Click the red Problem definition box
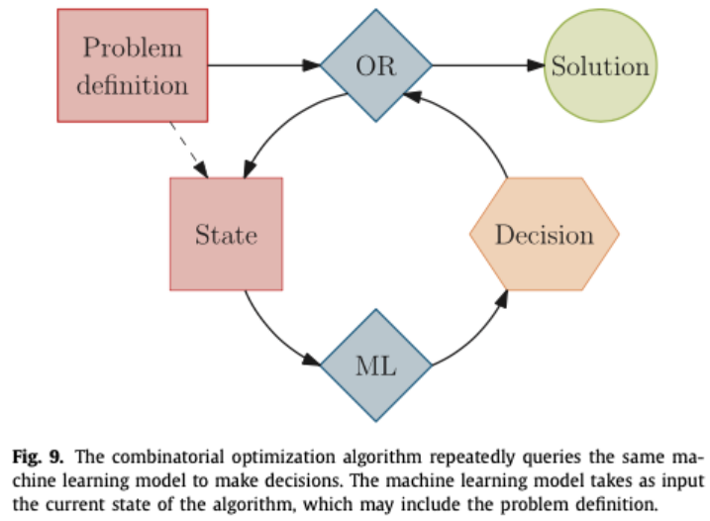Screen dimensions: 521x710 click(134, 65)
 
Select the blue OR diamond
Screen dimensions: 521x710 click(376, 66)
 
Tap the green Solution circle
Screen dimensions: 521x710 click(600, 66)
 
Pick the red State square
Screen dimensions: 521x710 click(226, 235)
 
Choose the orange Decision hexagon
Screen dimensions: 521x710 click(544, 235)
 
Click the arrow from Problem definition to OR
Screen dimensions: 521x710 click(264, 66)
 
